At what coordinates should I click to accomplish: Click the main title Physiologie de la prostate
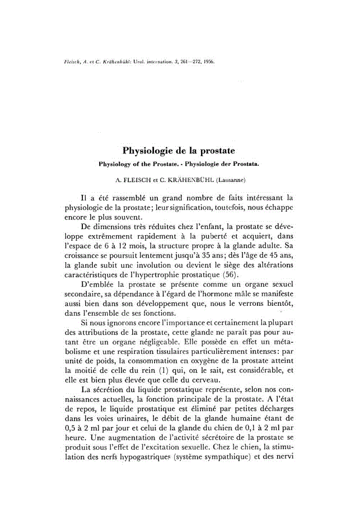pos(179,151)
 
